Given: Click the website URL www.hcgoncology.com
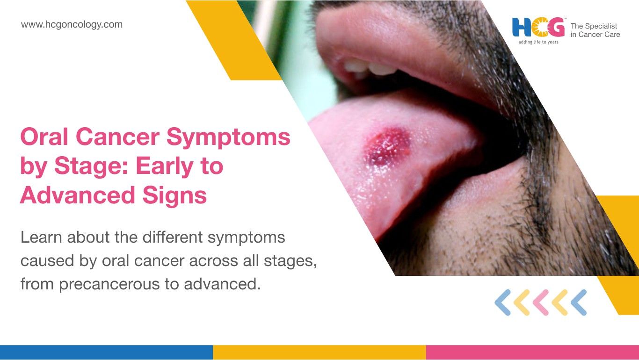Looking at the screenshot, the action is point(72,25).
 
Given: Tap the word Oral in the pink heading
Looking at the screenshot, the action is point(44,137).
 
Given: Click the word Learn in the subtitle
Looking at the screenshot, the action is point(41,237).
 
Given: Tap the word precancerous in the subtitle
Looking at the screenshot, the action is point(109,285).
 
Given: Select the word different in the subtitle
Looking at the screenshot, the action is point(172,237).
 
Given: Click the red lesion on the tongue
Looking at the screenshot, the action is point(387,147).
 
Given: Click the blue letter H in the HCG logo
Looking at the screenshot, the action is point(522,28).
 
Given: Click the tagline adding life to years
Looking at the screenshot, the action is point(538,42).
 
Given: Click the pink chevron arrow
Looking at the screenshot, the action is point(541,302).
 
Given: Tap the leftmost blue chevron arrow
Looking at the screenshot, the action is point(503,302).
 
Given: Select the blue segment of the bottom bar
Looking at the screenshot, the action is point(106,353).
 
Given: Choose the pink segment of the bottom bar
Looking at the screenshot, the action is point(533,353).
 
